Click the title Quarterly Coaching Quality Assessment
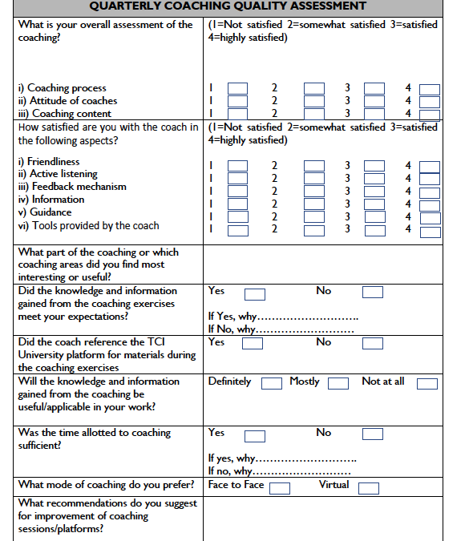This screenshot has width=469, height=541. pos(228,7)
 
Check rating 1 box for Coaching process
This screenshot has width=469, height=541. pos(238,89)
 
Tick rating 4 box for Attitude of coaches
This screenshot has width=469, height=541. pos(430,102)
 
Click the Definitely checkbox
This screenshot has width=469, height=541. pos(272,383)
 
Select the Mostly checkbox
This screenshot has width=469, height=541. pos(338,383)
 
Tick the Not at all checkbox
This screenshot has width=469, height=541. pos(427,383)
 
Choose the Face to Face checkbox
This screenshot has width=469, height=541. pos(280,488)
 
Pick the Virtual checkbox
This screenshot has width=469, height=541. pos(369,488)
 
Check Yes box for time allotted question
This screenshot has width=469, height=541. pos(255,436)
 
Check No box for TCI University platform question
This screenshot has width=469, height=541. pos(373,344)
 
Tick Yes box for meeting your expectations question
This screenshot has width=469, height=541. pos(255,293)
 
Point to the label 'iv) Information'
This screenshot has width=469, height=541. pos(51,200)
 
